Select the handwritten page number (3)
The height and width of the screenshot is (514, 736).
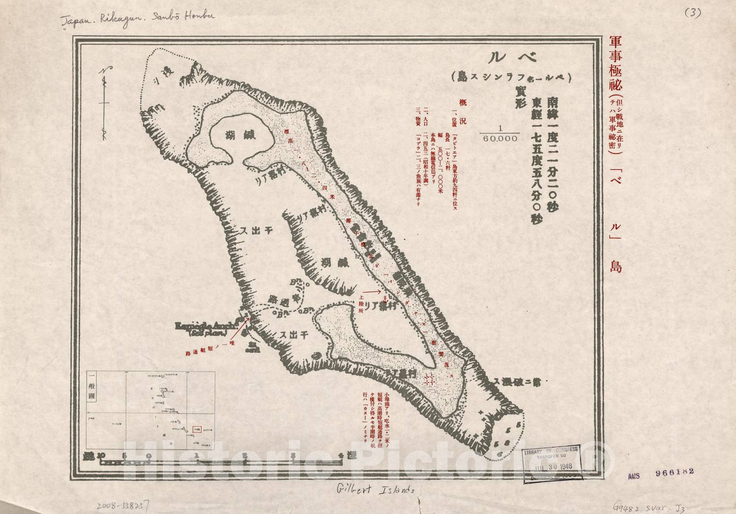691,13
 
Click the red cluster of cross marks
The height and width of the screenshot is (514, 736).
428,379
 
